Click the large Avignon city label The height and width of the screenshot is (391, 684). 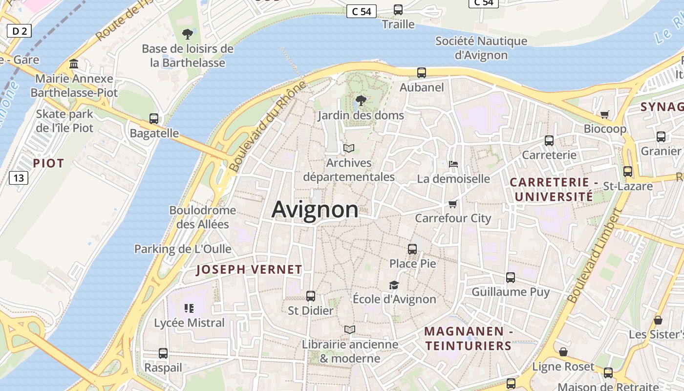315,210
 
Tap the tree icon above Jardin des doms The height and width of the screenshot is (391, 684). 361,101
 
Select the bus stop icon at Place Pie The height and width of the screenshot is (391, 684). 412,249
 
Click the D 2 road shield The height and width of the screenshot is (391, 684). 19,31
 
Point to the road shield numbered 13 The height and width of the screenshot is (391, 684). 18,177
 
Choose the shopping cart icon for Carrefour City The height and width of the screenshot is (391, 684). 453,204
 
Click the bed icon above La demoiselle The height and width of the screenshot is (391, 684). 453,164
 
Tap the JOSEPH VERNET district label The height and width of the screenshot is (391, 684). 249,269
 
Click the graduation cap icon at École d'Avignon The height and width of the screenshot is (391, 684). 394,285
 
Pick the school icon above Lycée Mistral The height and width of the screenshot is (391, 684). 189,308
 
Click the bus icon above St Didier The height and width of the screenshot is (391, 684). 311,296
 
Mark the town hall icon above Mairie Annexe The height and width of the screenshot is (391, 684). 74,64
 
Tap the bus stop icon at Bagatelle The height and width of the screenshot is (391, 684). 154,118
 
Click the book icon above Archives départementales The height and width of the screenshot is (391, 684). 349,148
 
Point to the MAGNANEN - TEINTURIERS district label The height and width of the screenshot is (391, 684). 468,339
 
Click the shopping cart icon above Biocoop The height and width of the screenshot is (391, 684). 605,114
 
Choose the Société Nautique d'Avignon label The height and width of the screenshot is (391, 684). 481,48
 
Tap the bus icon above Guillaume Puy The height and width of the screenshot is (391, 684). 511,277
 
